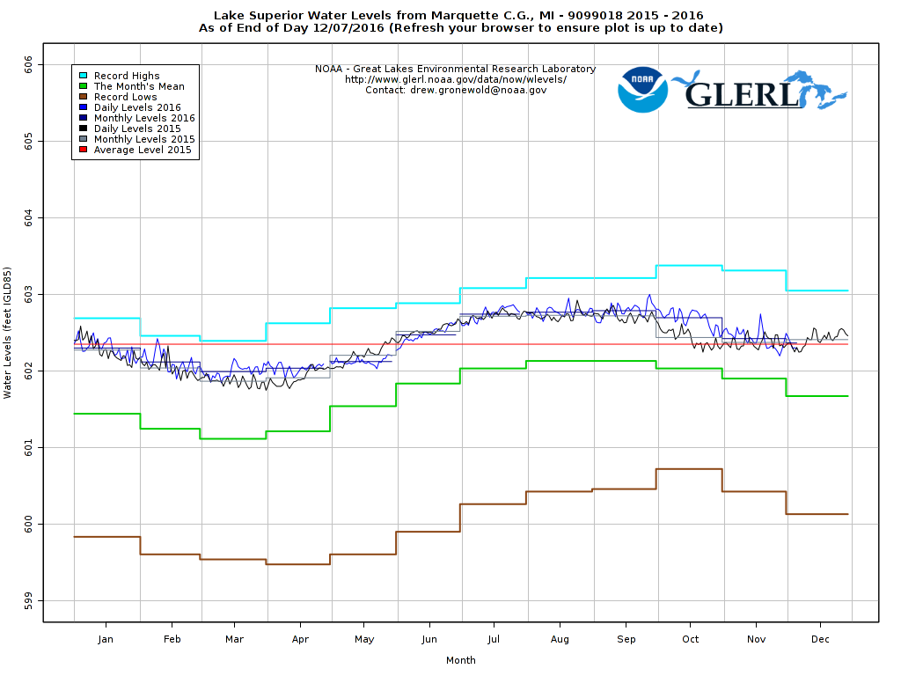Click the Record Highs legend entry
coord(127,76)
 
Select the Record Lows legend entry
coord(126,97)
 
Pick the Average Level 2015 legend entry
coord(143,150)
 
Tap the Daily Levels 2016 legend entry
coord(137,107)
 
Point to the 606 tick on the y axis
coord(29,64)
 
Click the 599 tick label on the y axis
coord(29,601)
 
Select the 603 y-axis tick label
coord(29,294)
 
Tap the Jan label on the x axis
coord(106,639)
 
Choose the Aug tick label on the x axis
coord(560,639)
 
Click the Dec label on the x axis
coord(820,639)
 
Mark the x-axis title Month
coord(461,660)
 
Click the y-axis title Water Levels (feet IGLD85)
coord(8,333)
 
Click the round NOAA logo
coord(642,89)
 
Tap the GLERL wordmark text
coord(741,93)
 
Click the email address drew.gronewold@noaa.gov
coord(479,90)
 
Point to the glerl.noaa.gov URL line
coord(455,79)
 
